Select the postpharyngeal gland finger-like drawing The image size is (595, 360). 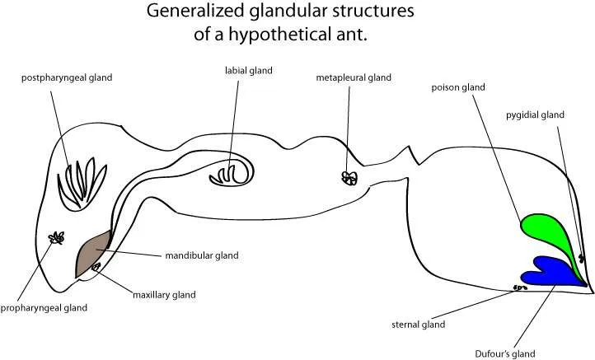(77, 182)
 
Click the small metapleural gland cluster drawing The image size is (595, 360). (349, 178)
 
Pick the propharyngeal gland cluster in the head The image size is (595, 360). (56, 238)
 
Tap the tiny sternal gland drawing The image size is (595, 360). (520, 288)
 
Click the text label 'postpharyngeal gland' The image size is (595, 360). (67, 77)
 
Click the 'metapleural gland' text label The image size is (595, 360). (353, 77)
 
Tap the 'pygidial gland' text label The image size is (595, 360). (535, 115)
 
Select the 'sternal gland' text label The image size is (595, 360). (418, 325)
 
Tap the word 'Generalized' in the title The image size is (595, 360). (192, 12)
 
